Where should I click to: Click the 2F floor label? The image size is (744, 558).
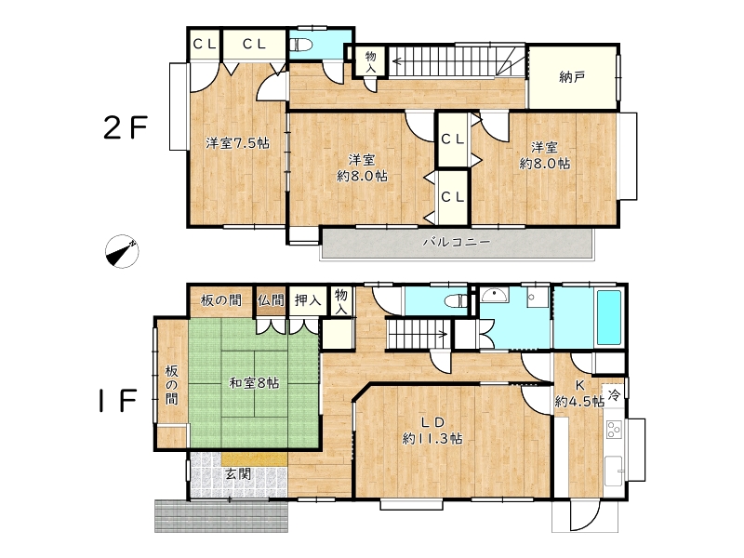pyautogui.click(x=126, y=127)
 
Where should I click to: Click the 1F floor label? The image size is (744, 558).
pyautogui.click(x=118, y=400)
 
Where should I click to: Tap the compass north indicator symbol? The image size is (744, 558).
pyautogui.click(x=122, y=251)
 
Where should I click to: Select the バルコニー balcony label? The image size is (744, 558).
pyautogui.click(x=456, y=242)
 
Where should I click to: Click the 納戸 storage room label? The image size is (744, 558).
pyautogui.click(x=572, y=77)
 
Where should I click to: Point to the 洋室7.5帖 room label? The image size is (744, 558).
pyautogui.click(x=237, y=142)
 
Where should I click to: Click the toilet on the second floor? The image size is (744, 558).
pyautogui.click(x=301, y=45)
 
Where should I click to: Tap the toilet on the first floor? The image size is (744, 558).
pyautogui.click(x=457, y=300)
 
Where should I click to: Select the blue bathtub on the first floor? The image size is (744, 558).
pyautogui.click(x=609, y=317)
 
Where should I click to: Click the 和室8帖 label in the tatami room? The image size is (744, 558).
pyautogui.click(x=254, y=382)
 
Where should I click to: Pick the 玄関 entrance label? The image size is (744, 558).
pyautogui.click(x=238, y=473)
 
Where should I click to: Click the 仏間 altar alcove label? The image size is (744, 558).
pyautogui.click(x=271, y=300)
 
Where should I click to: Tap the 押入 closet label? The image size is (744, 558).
pyautogui.click(x=308, y=299)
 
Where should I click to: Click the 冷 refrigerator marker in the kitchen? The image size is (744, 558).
pyautogui.click(x=614, y=394)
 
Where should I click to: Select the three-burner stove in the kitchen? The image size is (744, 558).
pyautogui.click(x=615, y=430)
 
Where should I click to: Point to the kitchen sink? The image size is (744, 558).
pyautogui.click(x=615, y=472)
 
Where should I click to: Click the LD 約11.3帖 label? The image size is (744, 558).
pyautogui.click(x=432, y=431)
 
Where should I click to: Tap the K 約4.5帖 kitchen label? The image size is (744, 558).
pyautogui.click(x=579, y=393)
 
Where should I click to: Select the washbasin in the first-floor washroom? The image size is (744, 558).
pyautogui.click(x=495, y=295)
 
